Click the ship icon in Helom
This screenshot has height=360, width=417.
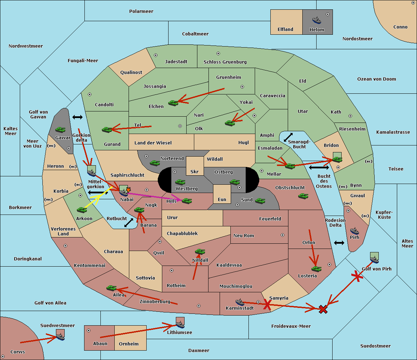(x=317, y=20)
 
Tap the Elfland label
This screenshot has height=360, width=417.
(x=285, y=30)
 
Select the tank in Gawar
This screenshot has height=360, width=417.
(x=60, y=129)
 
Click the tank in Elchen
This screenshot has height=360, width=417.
(x=173, y=103)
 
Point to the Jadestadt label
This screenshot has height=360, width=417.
(x=176, y=62)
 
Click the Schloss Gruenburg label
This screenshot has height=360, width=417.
(x=225, y=62)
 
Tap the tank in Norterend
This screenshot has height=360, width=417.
(x=155, y=163)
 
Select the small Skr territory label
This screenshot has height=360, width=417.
(x=194, y=172)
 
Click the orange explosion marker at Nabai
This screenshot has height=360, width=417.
(x=128, y=190)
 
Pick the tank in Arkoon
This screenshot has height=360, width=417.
(x=82, y=210)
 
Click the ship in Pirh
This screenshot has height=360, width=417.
(x=354, y=231)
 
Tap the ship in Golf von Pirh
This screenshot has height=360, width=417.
(x=374, y=259)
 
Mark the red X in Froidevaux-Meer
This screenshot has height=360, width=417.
(x=323, y=309)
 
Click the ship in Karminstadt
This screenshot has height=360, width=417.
(x=240, y=302)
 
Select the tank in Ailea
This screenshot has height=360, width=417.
(x=111, y=288)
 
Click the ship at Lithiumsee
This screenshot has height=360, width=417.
(x=180, y=325)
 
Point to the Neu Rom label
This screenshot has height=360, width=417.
(x=244, y=236)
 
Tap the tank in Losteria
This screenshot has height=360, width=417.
(x=316, y=268)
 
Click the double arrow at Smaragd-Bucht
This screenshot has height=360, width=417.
(x=288, y=137)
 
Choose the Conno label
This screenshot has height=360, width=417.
(x=400, y=27)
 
